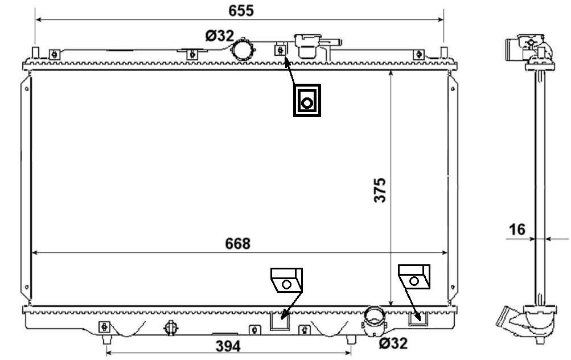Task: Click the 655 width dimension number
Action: pos(241,11)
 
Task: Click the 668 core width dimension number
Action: pos(237,244)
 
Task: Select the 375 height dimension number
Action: pos(380,190)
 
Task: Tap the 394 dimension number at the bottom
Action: pos(228,346)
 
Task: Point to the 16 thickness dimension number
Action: pos(517,230)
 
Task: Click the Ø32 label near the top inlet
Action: pos(220,36)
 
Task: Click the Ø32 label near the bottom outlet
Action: pos(393,343)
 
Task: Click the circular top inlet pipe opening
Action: pos(243,50)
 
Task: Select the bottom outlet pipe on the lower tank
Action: pos(373,320)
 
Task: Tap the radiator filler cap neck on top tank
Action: pos(309,46)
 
